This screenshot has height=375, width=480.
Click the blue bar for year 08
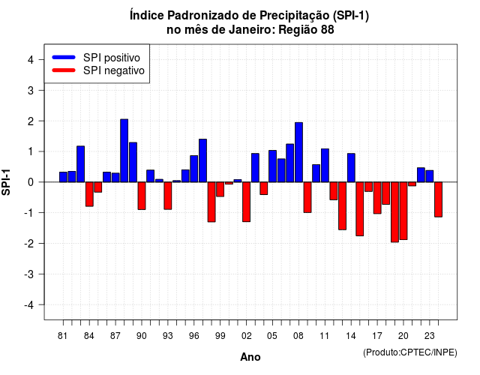coord(298,152)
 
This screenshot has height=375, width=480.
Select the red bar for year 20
coord(403,211)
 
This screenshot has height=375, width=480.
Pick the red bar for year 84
coord(89,194)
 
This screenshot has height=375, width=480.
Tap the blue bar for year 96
coord(193,169)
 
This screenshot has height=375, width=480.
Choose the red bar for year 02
coord(247,202)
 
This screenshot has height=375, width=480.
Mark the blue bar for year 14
coord(351,168)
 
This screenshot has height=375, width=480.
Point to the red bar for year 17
coord(377,198)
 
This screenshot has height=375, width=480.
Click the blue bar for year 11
coord(325,165)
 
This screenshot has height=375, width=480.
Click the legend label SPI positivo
coord(112,58)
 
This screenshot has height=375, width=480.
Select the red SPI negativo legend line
coord(64,70)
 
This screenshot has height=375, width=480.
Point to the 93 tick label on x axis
coord(168,336)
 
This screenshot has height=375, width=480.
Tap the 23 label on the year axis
coord(430,336)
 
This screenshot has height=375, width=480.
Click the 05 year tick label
coord(272,336)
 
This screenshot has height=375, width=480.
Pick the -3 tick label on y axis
coord(29,274)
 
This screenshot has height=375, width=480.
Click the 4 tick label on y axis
coord(31,60)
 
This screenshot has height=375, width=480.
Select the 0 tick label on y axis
coord(31,182)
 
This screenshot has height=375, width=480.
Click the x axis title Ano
coord(250,357)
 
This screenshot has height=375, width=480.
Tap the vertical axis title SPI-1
coord(6,182)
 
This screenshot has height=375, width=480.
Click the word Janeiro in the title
coord(252,30)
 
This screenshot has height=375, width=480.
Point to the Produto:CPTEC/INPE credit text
coord(410,352)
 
